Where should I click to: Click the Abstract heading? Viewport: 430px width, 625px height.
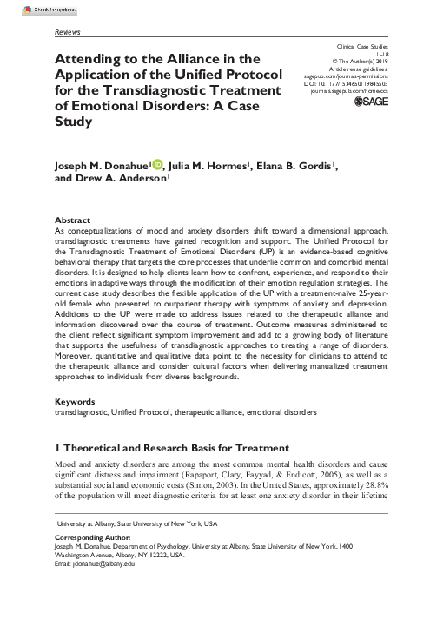click(x=73, y=220)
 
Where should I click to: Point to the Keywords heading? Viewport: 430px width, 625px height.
click(x=76, y=403)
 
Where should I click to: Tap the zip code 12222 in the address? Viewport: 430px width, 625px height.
click(x=178, y=579)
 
